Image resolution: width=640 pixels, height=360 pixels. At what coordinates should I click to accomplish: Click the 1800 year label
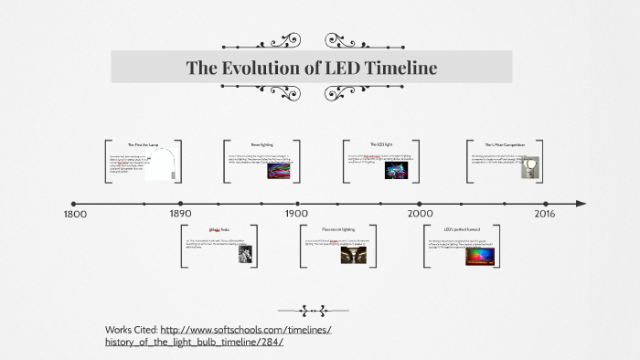pyautogui.click(x=74, y=214)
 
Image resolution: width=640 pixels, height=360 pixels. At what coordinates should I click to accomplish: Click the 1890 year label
pyautogui.click(x=180, y=214)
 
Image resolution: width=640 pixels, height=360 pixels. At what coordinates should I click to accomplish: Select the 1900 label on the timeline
pyautogui.click(x=296, y=214)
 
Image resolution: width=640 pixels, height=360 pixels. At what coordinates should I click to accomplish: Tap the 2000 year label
pyautogui.click(x=421, y=214)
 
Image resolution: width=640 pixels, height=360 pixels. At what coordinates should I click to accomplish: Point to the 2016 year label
pyautogui.click(x=544, y=214)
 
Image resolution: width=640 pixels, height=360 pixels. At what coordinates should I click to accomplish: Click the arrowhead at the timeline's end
pyautogui.click(x=581, y=203)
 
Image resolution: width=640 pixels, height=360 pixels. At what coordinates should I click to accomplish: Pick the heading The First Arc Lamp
pyautogui.click(x=144, y=145)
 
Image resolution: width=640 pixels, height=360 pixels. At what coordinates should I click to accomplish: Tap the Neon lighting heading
pyautogui.click(x=261, y=144)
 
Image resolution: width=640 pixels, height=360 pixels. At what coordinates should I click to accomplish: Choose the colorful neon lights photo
pyautogui.click(x=279, y=169)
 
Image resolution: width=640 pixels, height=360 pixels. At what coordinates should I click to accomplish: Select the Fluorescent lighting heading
pyautogui.click(x=337, y=229)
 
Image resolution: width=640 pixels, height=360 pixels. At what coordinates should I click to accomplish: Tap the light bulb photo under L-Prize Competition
pyautogui.click(x=530, y=166)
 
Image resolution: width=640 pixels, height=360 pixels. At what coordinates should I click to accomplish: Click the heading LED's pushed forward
pyautogui.click(x=462, y=229)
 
